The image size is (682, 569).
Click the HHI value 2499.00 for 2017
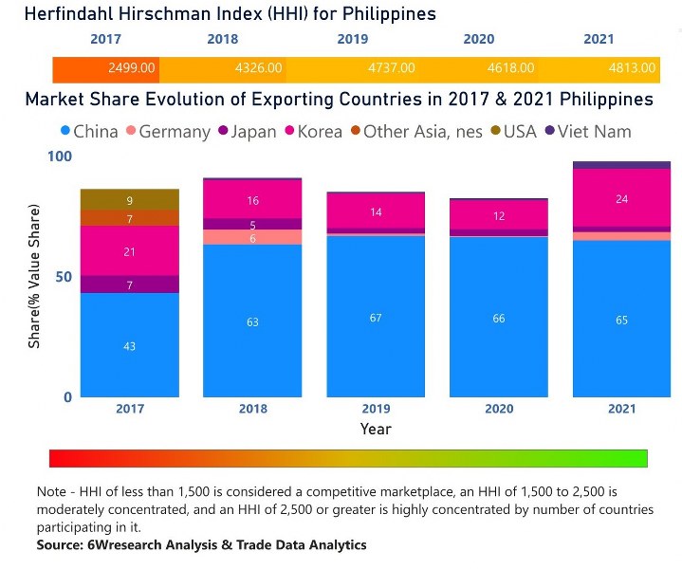tap(129, 69)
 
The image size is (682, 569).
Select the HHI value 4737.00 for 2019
tap(389, 69)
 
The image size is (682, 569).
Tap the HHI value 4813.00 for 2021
tap(630, 69)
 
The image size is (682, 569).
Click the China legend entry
tap(88, 132)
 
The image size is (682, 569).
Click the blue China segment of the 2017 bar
tap(129, 345)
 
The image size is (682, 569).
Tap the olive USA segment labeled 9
tap(129, 200)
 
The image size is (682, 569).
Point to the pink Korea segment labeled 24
tap(621, 199)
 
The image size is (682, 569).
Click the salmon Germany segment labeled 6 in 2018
tap(252, 237)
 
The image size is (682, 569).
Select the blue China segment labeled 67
tap(376, 317)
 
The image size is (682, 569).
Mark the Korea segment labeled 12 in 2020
tap(498, 215)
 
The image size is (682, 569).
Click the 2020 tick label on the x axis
tap(498, 409)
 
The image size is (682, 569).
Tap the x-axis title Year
tap(376, 429)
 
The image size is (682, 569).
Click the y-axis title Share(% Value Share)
tap(34, 276)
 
